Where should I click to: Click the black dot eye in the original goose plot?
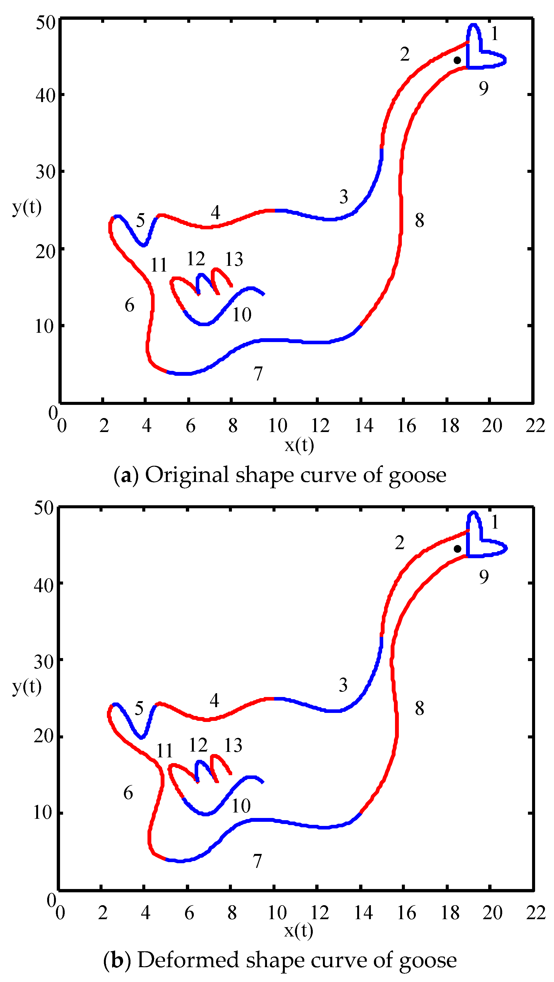click(x=457, y=60)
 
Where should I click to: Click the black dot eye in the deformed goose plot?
click(x=458, y=549)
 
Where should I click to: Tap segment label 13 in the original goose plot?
click(x=234, y=259)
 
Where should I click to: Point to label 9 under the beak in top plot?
click(x=484, y=88)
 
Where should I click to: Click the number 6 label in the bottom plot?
click(x=128, y=793)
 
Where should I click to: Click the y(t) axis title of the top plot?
click(x=27, y=207)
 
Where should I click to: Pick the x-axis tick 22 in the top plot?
click(x=535, y=426)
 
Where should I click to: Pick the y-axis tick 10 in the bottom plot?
click(x=43, y=812)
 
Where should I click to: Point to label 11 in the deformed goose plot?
click(x=164, y=751)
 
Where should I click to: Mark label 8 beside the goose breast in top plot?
click(x=419, y=220)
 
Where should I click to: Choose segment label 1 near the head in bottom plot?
click(x=495, y=522)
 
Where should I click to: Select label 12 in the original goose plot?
click(x=196, y=259)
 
